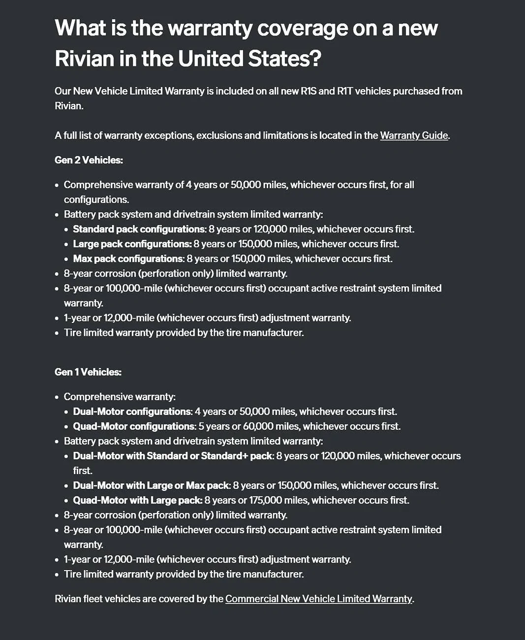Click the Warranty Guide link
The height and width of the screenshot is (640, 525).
coord(414,135)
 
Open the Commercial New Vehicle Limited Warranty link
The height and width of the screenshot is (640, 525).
coord(318,599)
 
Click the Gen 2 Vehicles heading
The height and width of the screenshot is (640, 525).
coord(89,160)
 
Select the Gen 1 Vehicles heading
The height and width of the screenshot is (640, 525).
coord(88,372)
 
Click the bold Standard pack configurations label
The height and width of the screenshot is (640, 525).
coord(139,229)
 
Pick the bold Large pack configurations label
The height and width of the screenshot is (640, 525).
coord(132,244)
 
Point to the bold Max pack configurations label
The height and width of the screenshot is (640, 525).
coord(128,259)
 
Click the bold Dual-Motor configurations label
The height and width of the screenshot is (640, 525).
coord(132,412)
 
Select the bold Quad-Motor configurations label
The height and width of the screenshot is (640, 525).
coord(134,426)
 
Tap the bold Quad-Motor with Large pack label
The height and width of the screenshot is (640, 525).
coord(137,500)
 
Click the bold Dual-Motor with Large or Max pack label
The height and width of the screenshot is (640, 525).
coord(151,485)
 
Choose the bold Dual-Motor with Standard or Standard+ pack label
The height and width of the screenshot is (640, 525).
coord(172,456)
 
